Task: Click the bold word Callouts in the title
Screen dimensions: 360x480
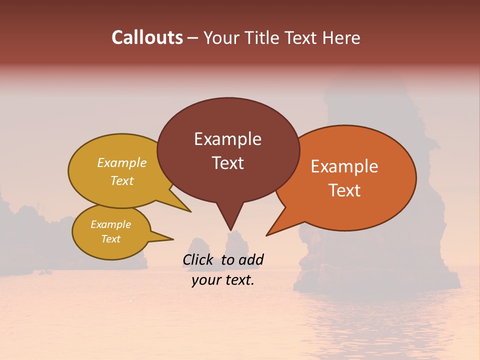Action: pos(147,37)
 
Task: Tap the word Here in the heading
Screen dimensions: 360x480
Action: pos(341,37)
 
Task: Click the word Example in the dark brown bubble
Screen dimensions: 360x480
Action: pos(227,138)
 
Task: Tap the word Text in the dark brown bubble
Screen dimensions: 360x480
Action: pos(227,162)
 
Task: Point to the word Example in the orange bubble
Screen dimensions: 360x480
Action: pos(344,166)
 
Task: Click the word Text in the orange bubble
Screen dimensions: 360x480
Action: pos(344,190)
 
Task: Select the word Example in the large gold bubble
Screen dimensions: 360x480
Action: pos(122,162)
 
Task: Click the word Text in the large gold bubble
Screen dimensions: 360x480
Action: pos(122,180)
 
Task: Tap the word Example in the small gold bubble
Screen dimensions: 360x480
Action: pos(110,224)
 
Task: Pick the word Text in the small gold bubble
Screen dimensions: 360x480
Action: pos(110,239)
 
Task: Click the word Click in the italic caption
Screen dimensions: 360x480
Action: pos(198,259)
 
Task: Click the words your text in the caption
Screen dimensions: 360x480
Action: pos(223,280)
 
